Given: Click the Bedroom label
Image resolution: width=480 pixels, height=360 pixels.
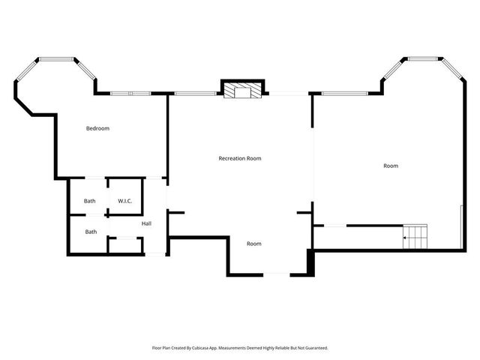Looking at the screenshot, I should click(97, 128).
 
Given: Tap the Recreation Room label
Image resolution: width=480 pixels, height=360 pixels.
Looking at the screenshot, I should click(240, 158).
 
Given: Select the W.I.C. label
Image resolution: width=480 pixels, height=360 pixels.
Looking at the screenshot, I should click(124, 200).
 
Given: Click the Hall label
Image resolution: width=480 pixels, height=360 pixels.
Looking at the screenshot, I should click(147, 223).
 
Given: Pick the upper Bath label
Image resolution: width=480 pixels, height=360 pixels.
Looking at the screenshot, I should click(90, 200).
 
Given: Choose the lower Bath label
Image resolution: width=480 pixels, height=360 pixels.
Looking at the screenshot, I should click(90, 232).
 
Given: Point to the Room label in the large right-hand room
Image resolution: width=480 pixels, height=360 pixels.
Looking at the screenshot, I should click(391, 166).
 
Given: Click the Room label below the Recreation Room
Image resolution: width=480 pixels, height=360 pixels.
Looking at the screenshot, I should click(254, 244).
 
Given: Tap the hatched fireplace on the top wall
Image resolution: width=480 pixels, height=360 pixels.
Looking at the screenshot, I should click(242, 90).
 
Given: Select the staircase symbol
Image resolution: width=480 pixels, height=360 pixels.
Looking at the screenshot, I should click(415, 237).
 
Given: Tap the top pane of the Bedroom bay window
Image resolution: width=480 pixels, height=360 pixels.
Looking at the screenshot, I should click(58, 58).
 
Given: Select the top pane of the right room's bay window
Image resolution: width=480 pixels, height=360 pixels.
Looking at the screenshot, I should click(424, 58).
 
